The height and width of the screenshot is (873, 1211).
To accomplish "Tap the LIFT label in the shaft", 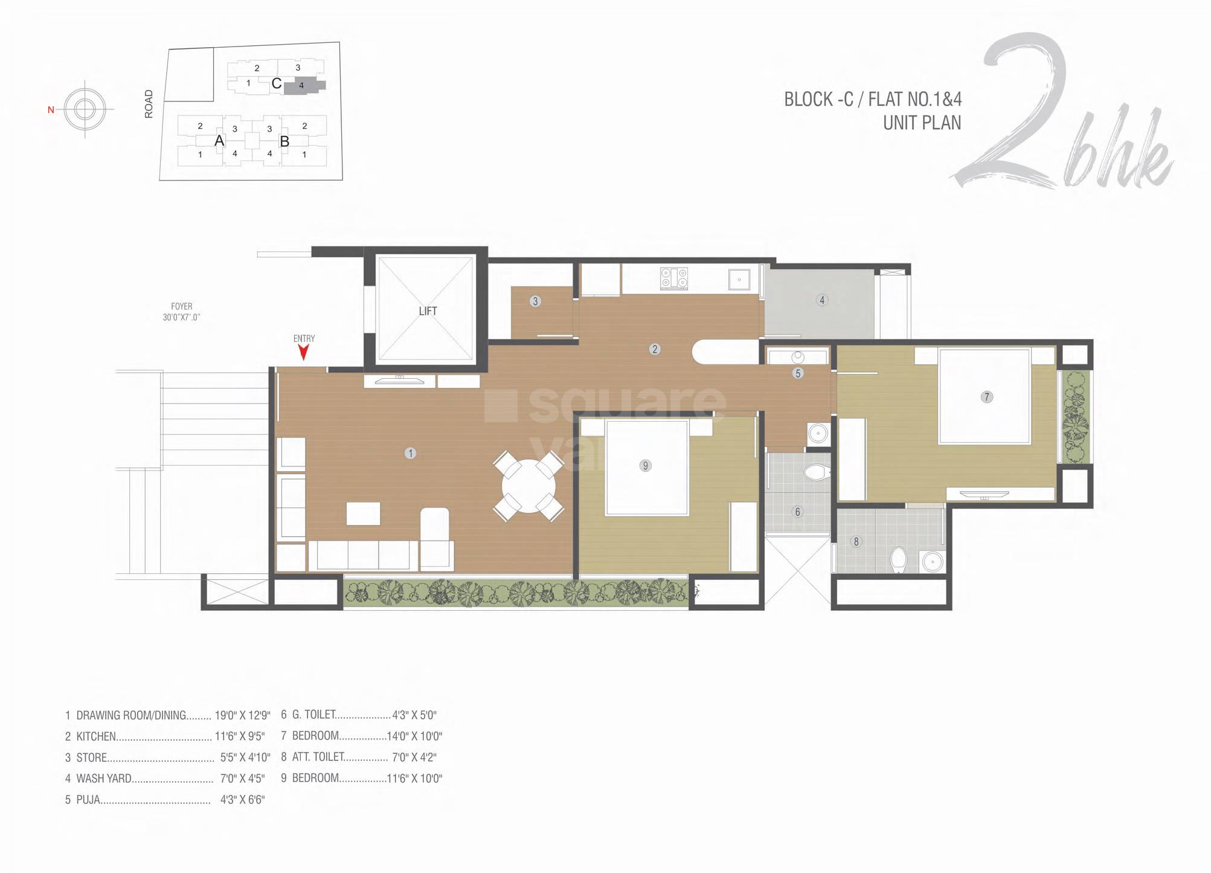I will click(x=428, y=311).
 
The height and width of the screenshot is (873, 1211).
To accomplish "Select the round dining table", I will click(x=528, y=486).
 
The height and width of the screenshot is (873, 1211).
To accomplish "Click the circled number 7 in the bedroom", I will click(x=986, y=397).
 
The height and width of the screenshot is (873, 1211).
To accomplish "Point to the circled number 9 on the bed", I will click(x=645, y=465).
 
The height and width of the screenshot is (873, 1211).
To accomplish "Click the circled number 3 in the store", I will click(x=535, y=301).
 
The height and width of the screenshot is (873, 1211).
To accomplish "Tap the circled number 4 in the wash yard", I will click(x=821, y=300).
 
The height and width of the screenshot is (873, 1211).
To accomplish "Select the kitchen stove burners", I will click(x=674, y=278).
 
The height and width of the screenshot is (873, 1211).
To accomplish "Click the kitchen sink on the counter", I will click(x=739, y=280).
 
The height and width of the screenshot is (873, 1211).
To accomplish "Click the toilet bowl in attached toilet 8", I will click(x=899, y=560).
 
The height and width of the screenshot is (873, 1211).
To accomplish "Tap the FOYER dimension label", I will click(x=181, y=312).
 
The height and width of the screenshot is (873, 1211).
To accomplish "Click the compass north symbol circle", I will click(x=85, y=109).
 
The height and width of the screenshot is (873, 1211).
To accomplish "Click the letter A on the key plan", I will click(x=219, y=141).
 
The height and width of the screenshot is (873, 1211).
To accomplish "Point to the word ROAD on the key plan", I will click(x=149, y=104).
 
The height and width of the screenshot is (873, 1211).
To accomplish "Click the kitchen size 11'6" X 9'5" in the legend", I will click(x=239, y=736).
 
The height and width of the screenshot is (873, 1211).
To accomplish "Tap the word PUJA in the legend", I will click(x=88, y=800).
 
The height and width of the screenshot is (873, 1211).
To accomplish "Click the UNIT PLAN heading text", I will click(x=922, y=123).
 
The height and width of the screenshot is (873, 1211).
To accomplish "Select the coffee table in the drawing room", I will click(x=363, y=514).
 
